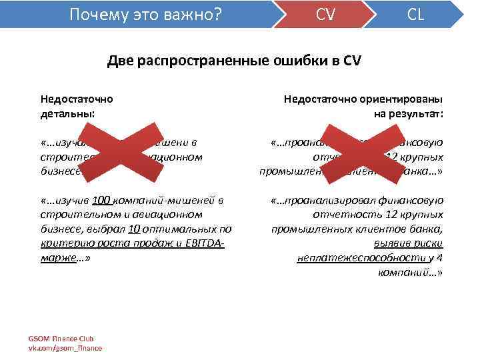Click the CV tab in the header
[325, 14]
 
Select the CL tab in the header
[415, 14]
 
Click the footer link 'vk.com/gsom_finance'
[65, 347]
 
